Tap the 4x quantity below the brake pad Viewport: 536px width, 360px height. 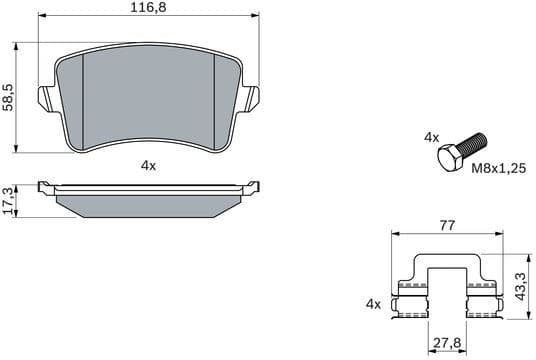pos(148,166)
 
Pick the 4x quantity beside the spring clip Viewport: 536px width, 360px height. pos(374,302)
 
